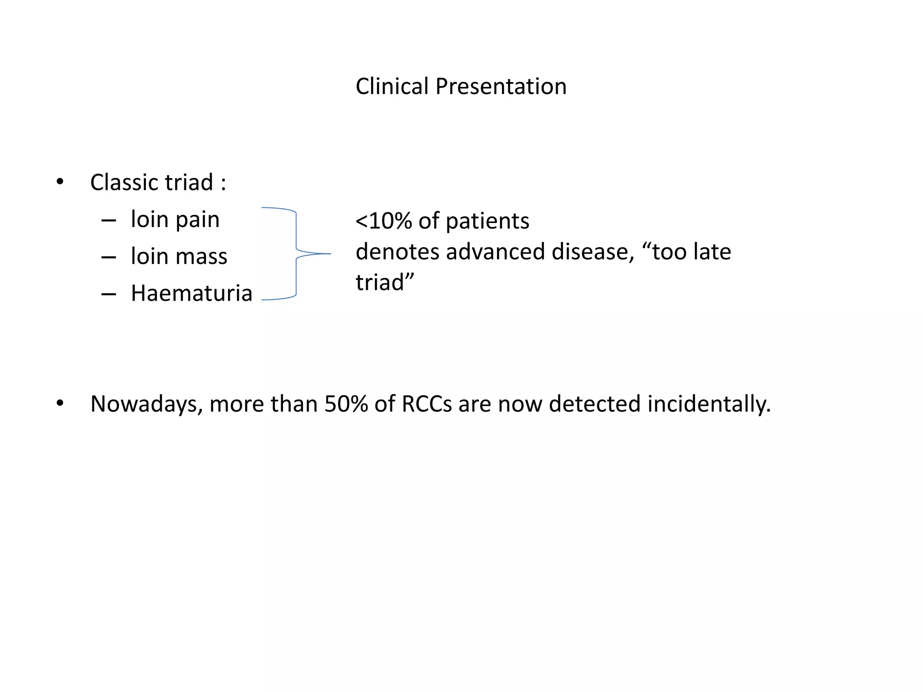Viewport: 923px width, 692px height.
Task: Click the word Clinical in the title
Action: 392,86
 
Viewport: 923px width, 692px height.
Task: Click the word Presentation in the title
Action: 501,86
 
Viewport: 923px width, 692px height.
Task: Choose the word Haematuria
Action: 191,293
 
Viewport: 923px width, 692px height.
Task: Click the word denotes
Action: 397,252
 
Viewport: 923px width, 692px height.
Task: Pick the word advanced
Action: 496,252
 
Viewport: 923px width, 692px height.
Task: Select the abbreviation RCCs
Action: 426,404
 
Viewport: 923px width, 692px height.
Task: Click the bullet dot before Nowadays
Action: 60,403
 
